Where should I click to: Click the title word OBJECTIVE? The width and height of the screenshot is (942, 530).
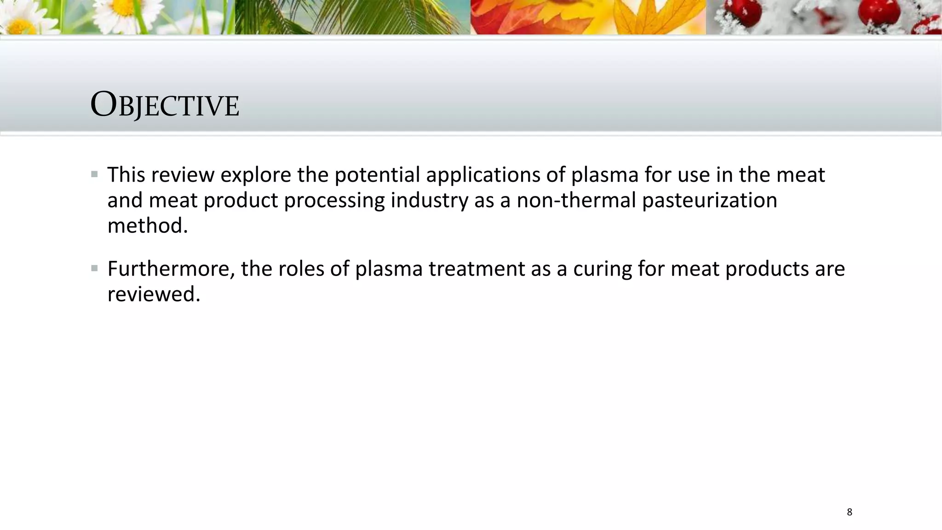point(165,105)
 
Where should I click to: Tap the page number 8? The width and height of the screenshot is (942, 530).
point(849,512)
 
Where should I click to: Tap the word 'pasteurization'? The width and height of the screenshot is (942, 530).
point(710,201)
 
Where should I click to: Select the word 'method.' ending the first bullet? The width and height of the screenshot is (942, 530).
point(148,226)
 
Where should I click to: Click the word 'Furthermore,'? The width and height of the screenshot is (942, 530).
point(171,269)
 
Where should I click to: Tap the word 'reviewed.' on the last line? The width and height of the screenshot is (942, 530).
point(154,294)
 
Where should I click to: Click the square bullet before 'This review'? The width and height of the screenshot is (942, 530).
point(94,174)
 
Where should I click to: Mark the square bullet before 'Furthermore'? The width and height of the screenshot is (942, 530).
point(94,268)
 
